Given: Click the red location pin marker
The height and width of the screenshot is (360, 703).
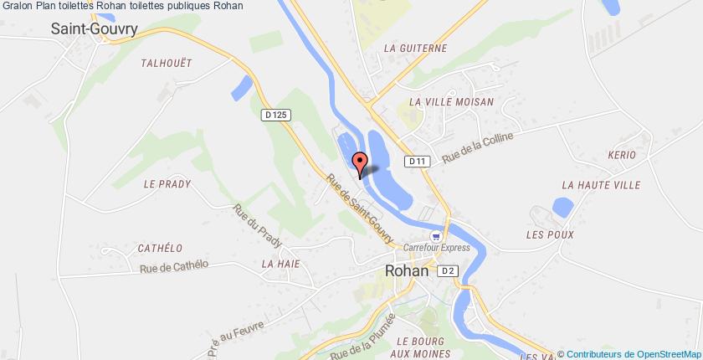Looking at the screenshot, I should tap(361, 163).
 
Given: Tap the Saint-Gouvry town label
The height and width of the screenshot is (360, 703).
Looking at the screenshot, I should tap(94, 28).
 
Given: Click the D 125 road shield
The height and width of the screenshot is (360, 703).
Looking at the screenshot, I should tap(275, 114).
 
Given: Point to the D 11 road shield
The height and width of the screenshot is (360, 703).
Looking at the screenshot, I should tap(418, 160).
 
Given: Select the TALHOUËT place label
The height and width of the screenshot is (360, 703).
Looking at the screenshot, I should tap(167, 62).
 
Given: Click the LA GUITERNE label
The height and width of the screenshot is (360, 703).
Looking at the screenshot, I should tap(415, 49).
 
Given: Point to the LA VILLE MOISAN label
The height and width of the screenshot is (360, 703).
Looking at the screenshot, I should tap(452, 101).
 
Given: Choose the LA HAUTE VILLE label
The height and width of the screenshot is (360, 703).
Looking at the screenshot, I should tap(601, 185).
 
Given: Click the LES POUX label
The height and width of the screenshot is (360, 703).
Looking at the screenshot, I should tap(550, 234).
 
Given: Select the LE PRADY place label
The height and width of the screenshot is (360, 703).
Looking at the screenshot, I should tap(167, 184).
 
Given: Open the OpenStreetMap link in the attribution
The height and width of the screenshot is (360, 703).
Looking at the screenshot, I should tap(666, 354).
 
